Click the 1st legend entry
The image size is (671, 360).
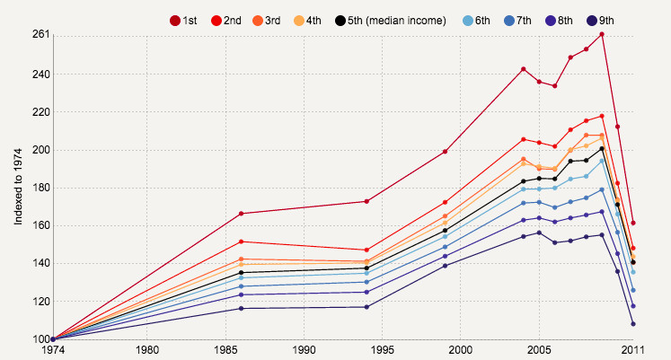(184, 20)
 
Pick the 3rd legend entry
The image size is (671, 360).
(267, 20)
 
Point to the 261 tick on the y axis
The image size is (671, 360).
(41, 35)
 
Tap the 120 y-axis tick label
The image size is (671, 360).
(41, 302)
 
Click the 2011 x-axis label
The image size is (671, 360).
(633, 349)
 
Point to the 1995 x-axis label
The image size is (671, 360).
(382, 349)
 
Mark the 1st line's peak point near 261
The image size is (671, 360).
(602, 34)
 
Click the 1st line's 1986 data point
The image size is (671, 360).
(242, 214)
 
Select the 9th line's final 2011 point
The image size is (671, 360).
(633, 324)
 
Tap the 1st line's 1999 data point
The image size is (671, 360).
(445, 152)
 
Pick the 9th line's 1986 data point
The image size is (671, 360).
(242, 309)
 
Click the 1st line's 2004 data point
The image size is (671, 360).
(524, 69)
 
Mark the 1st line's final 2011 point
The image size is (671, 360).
(633, 223)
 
